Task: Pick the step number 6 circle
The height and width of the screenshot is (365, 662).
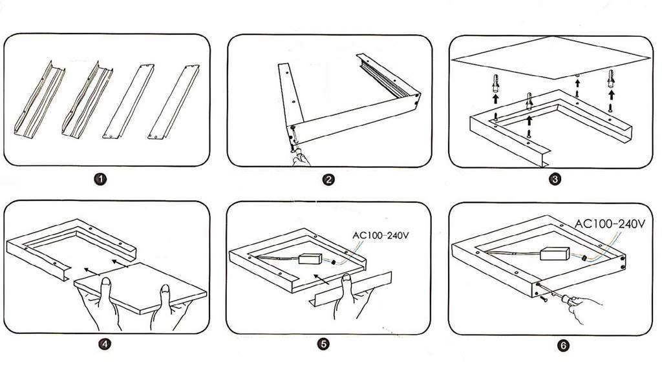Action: click(x=563, y=346)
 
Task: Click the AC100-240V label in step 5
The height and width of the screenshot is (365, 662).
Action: click(x=381, y=235)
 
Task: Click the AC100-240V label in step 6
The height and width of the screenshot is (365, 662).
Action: click(x=610, y=224)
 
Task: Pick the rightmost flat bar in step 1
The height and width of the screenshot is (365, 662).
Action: click(x=173, y=101)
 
